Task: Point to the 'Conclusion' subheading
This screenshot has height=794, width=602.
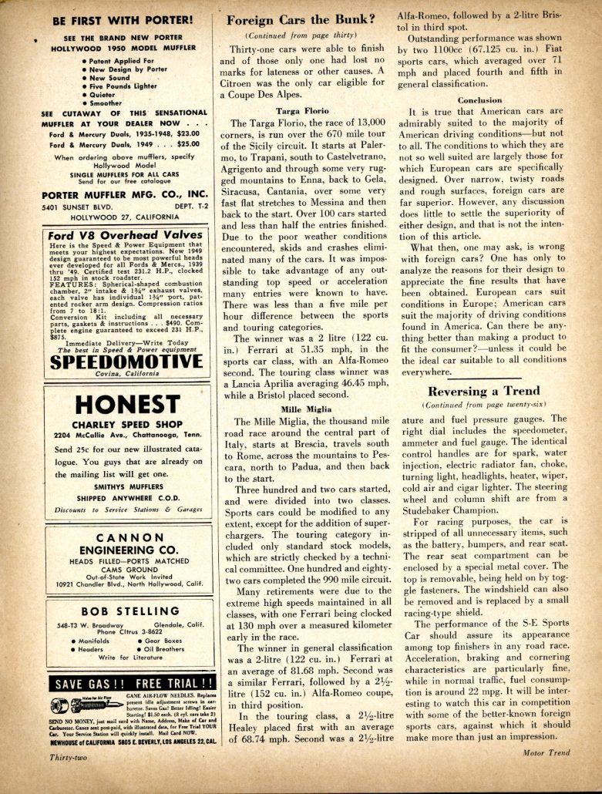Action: (479, 100)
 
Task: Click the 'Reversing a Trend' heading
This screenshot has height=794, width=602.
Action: (484, 391)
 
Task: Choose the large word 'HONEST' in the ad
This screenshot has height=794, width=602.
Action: (127, 404)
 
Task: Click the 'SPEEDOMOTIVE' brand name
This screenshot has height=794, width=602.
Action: (127, 361)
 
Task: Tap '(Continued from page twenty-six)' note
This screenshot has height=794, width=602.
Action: (484, 405)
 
